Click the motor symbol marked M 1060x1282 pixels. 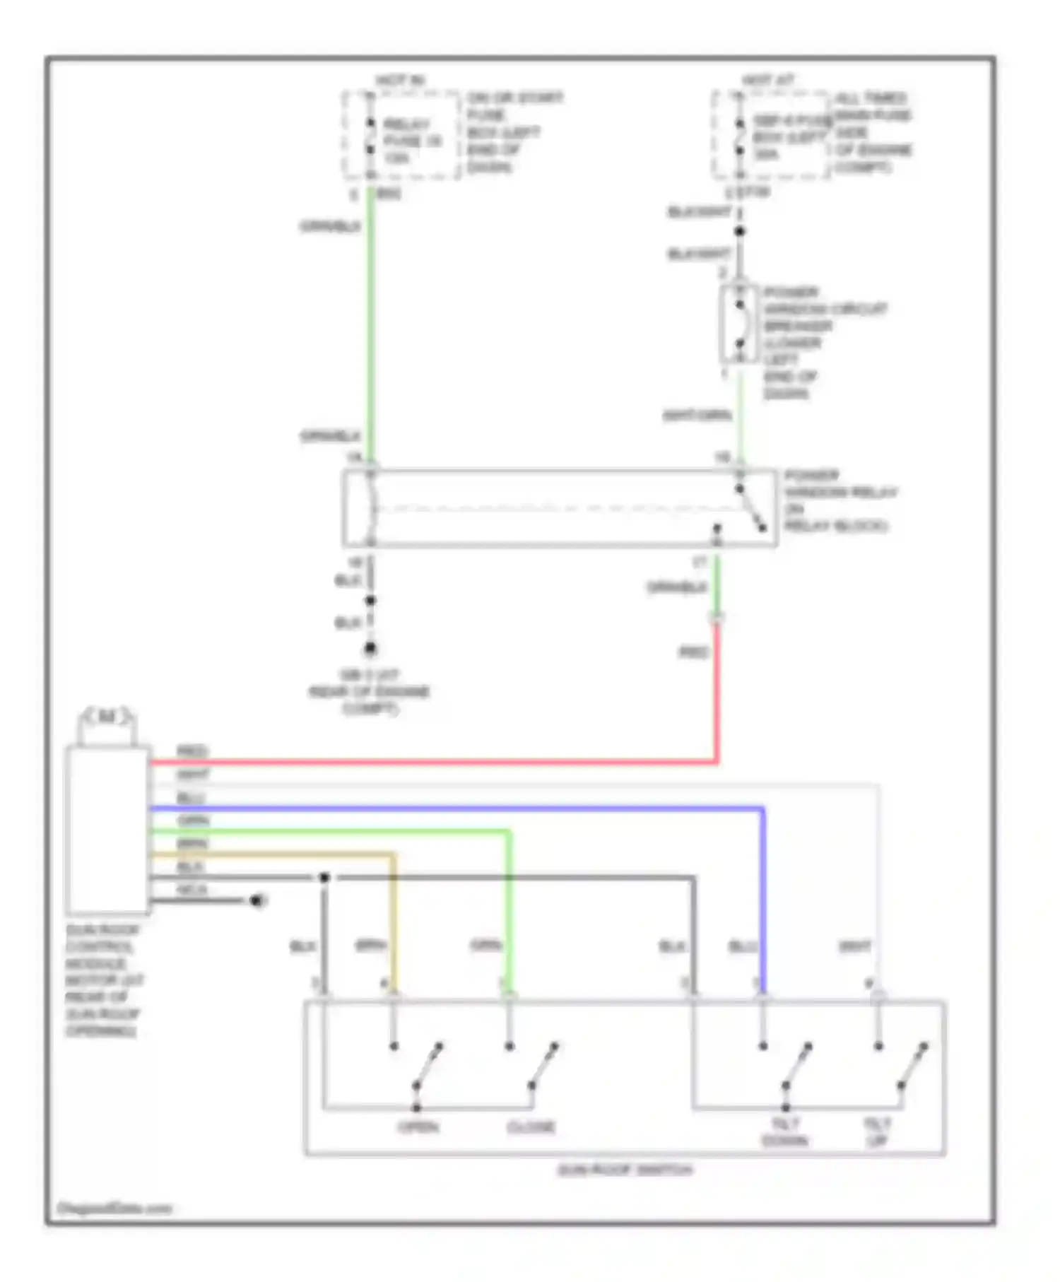tap(107, 717)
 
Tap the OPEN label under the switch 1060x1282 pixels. tap(418, 1127)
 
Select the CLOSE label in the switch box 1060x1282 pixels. tap(531, 1127)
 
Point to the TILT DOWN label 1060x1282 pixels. tap(785, 1131)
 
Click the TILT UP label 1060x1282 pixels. tap(877, 1131)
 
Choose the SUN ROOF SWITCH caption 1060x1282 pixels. tap(625, 1170)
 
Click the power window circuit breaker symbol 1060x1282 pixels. tap(739, 325)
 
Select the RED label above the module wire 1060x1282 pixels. tap(192, 751)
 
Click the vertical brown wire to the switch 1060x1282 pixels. tap(394, 926)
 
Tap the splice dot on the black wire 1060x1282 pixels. tap(324, 878)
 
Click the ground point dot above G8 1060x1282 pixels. tap(370, 648)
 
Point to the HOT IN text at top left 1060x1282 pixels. tap(400, 81)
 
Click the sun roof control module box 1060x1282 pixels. tap(107, 830)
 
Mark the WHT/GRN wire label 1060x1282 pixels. tap(696, 416)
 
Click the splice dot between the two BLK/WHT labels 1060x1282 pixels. tap(739, 231)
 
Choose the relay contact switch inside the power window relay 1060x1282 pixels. tap(750, 509)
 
